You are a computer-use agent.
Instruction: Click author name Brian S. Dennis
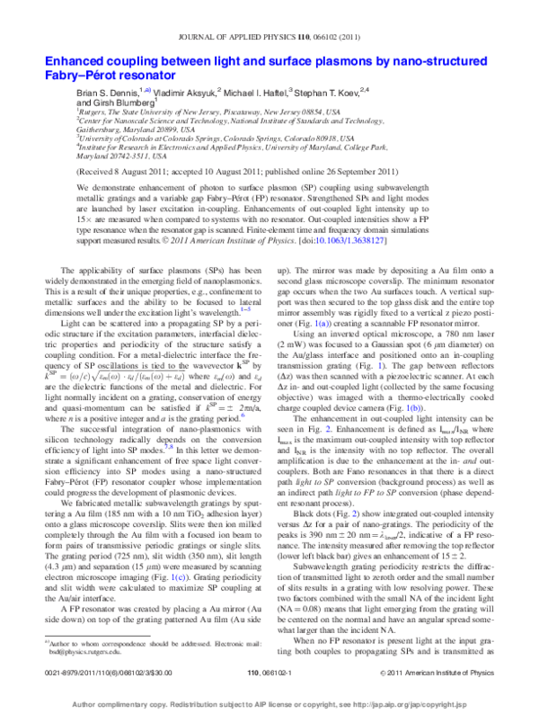pos(113,92)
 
